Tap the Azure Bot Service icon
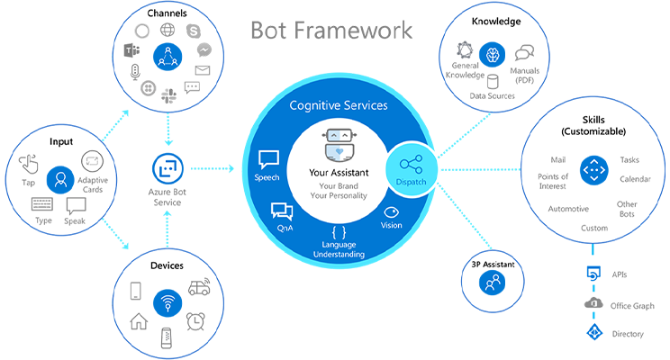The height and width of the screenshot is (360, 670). tap(167, 167)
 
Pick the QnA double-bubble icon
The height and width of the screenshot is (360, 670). tap(282, 211)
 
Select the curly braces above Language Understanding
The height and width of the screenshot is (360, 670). tap(338, 229)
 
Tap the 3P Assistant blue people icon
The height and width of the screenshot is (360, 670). tap(492, 283)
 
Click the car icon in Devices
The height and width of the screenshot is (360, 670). tap(199, 290)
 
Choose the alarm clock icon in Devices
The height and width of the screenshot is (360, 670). tap(196, 320)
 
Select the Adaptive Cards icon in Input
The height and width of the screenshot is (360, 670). tap(93, 162)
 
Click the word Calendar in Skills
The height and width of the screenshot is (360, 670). tap(635, 178)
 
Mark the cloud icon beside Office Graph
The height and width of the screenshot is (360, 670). tap(593, 303)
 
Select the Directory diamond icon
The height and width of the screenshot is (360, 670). tap(593, 333)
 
